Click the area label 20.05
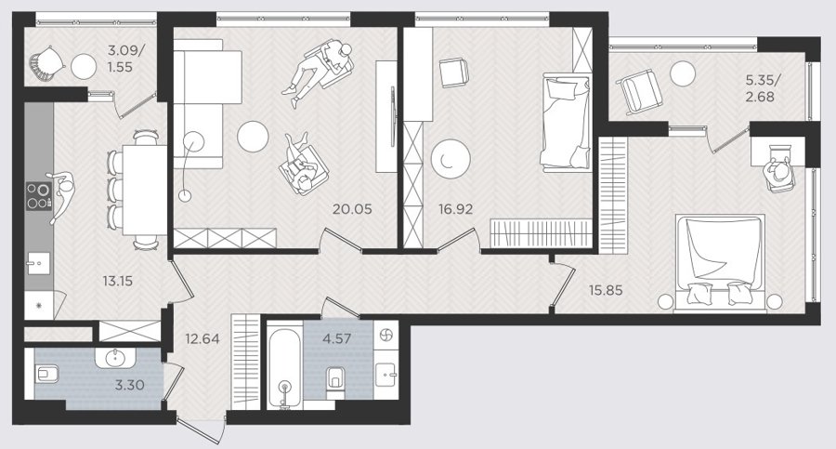352,209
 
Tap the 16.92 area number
456,209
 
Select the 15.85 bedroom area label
605,291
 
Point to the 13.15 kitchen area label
118,281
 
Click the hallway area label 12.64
202,338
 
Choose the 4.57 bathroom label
336,338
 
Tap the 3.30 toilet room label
129,385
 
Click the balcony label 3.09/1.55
125,59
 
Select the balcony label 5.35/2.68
763,88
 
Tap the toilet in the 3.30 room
47,374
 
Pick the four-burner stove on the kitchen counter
39,196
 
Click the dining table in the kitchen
145,190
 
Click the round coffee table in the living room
253,137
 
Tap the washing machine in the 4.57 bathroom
386,336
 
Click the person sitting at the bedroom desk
779,170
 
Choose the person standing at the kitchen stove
60,194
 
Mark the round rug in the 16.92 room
451,159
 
